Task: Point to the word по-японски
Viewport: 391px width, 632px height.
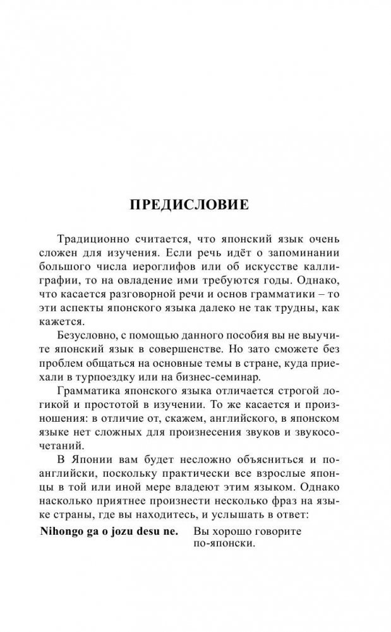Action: pyautogui.click(x=224, y=546)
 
